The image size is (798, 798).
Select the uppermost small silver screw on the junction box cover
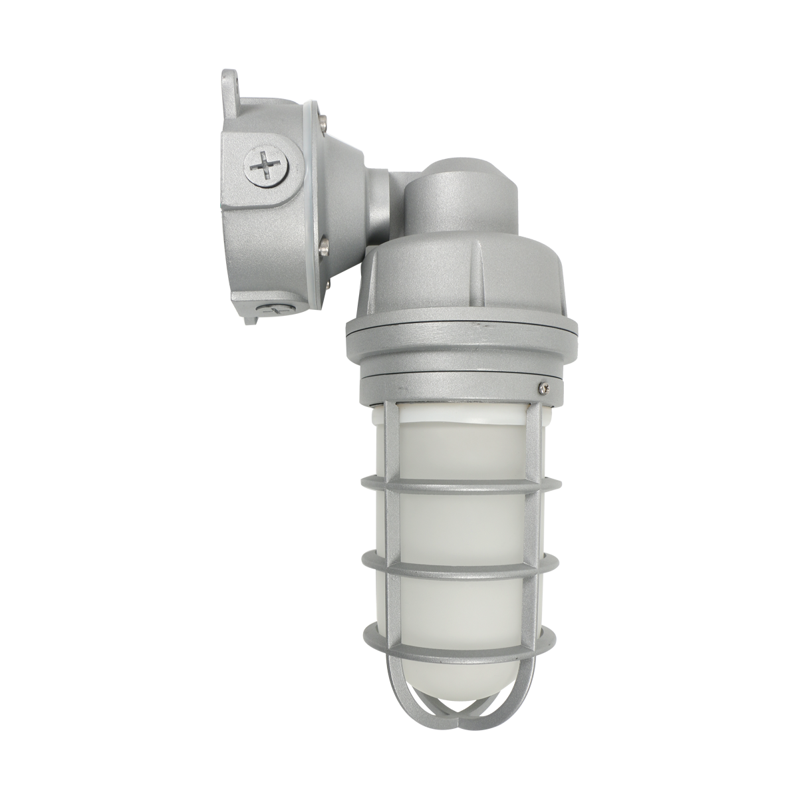click(322, 120)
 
